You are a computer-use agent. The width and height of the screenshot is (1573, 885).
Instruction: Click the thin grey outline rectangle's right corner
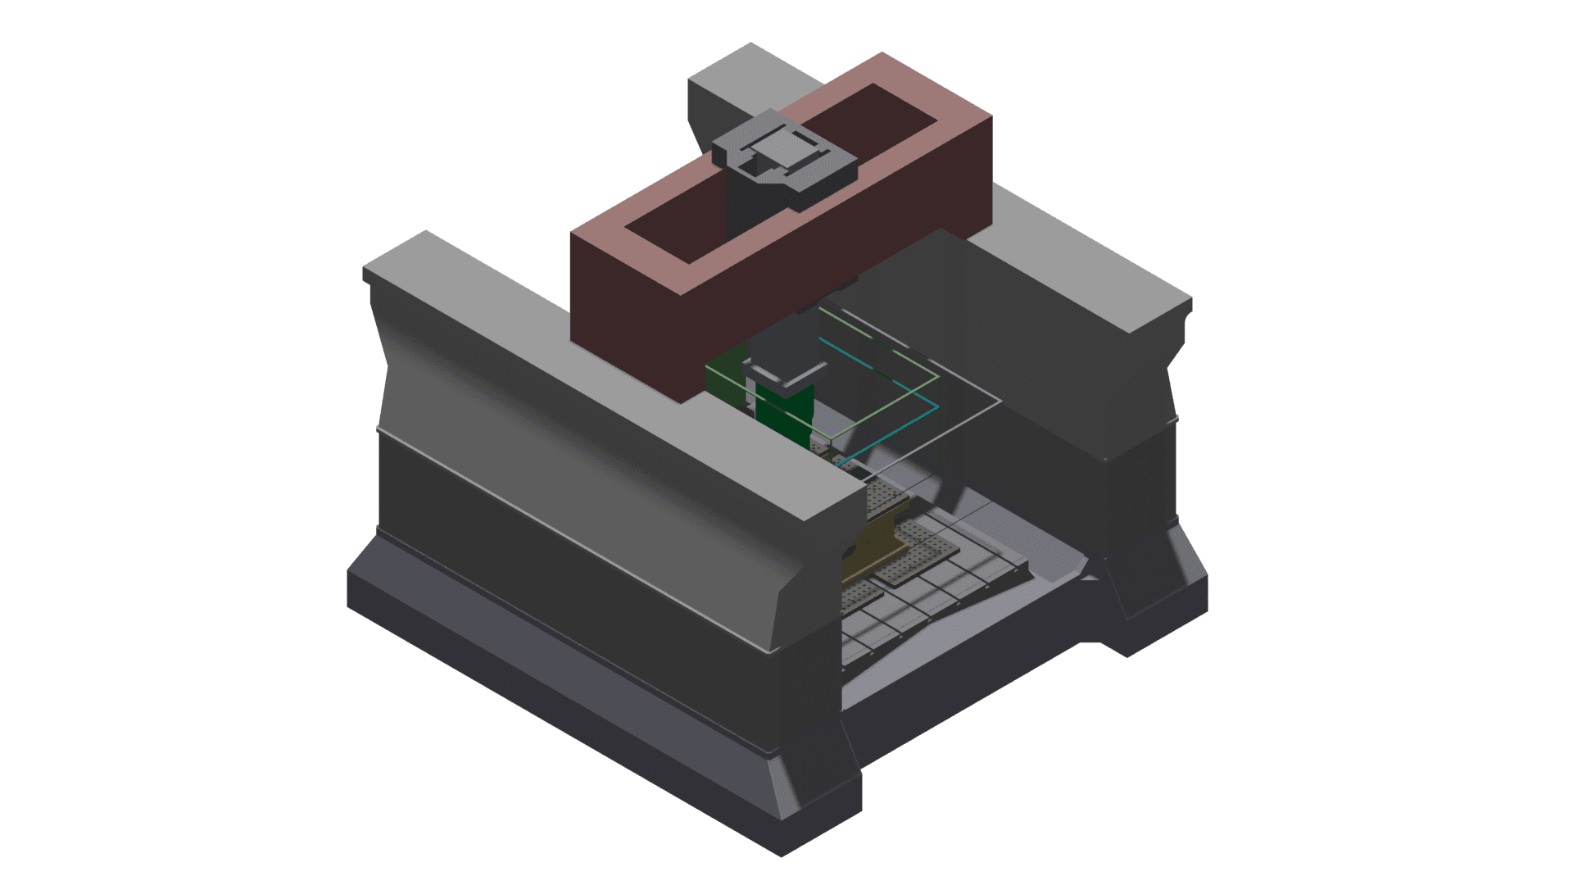pos(1000,402)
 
